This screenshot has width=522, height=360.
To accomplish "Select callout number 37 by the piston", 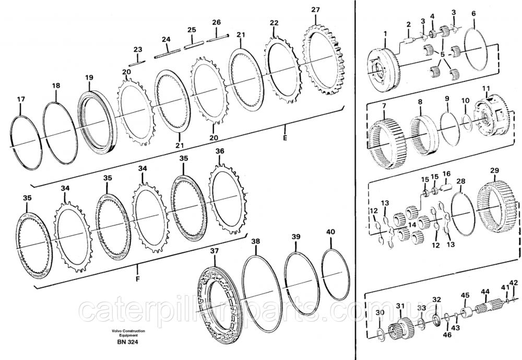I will coord(215,251).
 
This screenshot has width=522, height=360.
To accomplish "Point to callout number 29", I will coord(495,171).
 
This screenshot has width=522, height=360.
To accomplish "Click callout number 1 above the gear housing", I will coord(385,34).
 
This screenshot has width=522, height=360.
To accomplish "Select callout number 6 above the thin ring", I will coord(473,14).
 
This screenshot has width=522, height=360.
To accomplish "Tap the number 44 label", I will coord(485,292).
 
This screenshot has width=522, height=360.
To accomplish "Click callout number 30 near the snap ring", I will coord(380,312).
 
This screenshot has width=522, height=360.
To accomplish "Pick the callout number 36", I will coord(220,151).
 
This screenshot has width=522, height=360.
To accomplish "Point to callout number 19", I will coord(89,77).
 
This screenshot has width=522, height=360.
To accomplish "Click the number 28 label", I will coord(461,181).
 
